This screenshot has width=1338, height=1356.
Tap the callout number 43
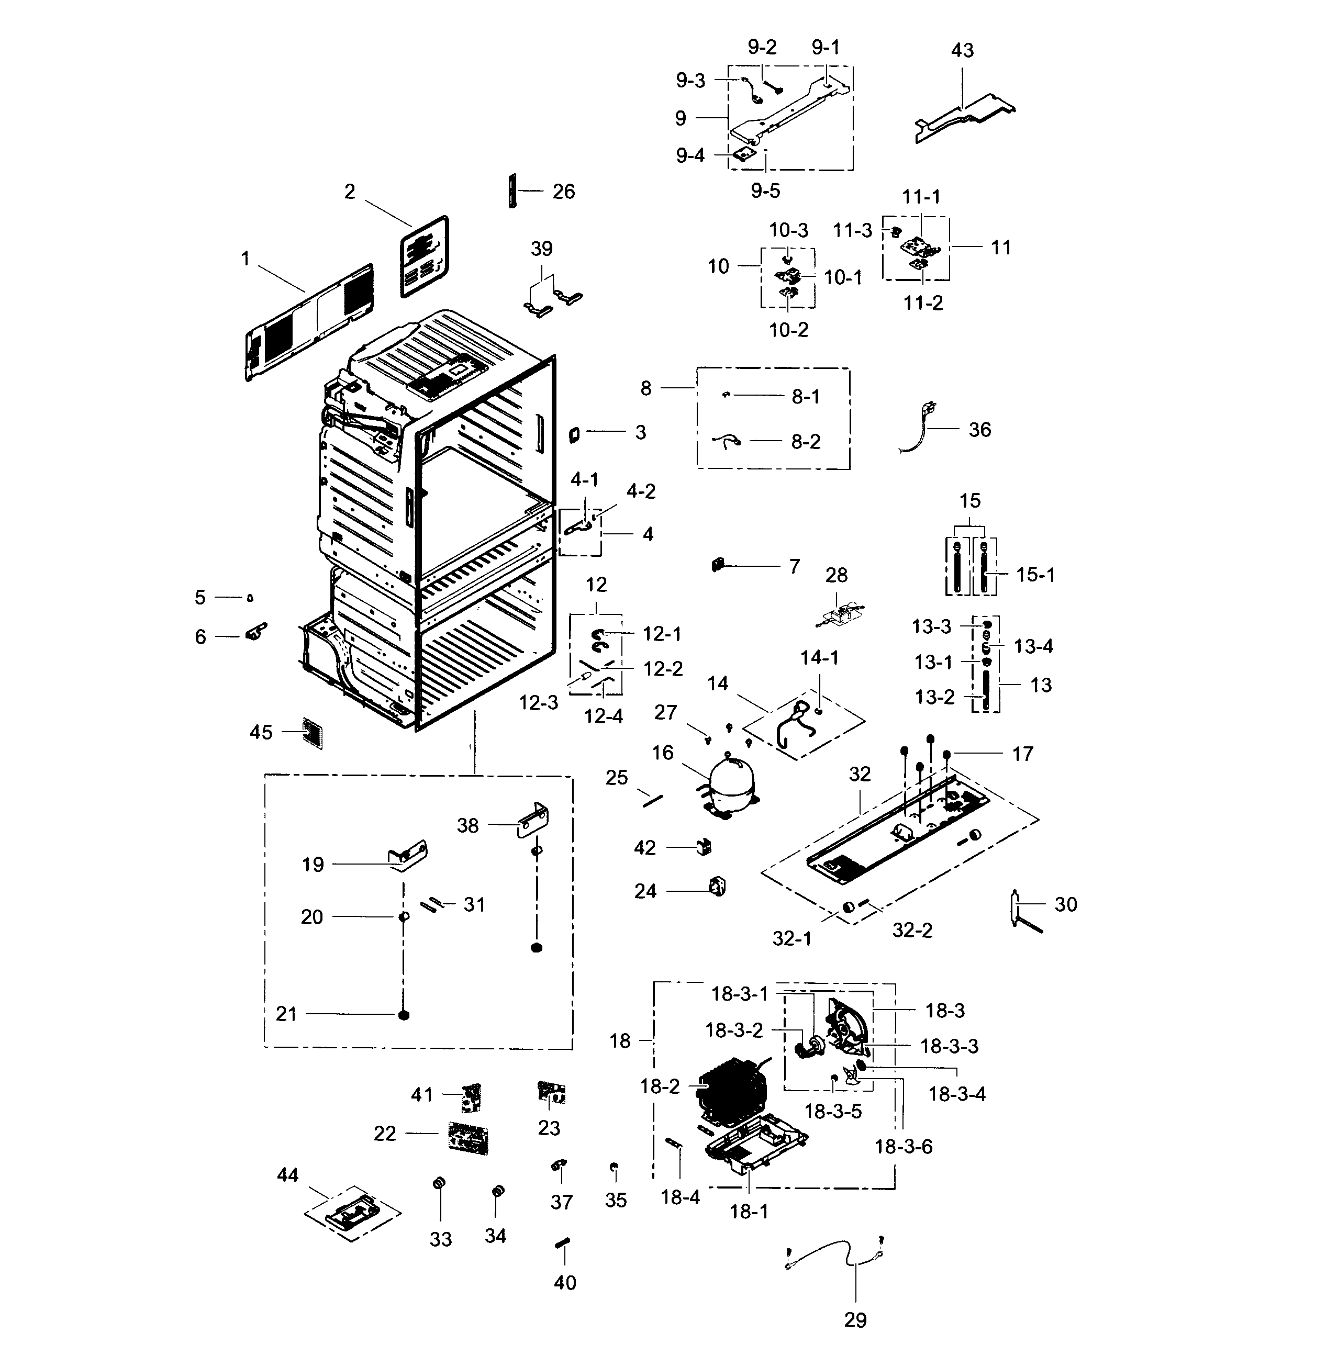[962, 51]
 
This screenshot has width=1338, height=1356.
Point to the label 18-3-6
[903, 1146]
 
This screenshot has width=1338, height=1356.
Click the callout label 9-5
[765, 190]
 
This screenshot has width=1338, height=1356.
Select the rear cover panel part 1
[309, 323]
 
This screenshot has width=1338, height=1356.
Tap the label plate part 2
[425, 256]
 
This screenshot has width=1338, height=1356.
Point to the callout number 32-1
[792, 938]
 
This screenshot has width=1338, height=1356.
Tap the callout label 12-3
[539, 702]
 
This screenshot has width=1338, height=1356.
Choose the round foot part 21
[404, 1015]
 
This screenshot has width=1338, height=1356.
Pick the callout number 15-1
[1035, 575]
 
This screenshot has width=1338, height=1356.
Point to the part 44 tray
[353, 1214]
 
